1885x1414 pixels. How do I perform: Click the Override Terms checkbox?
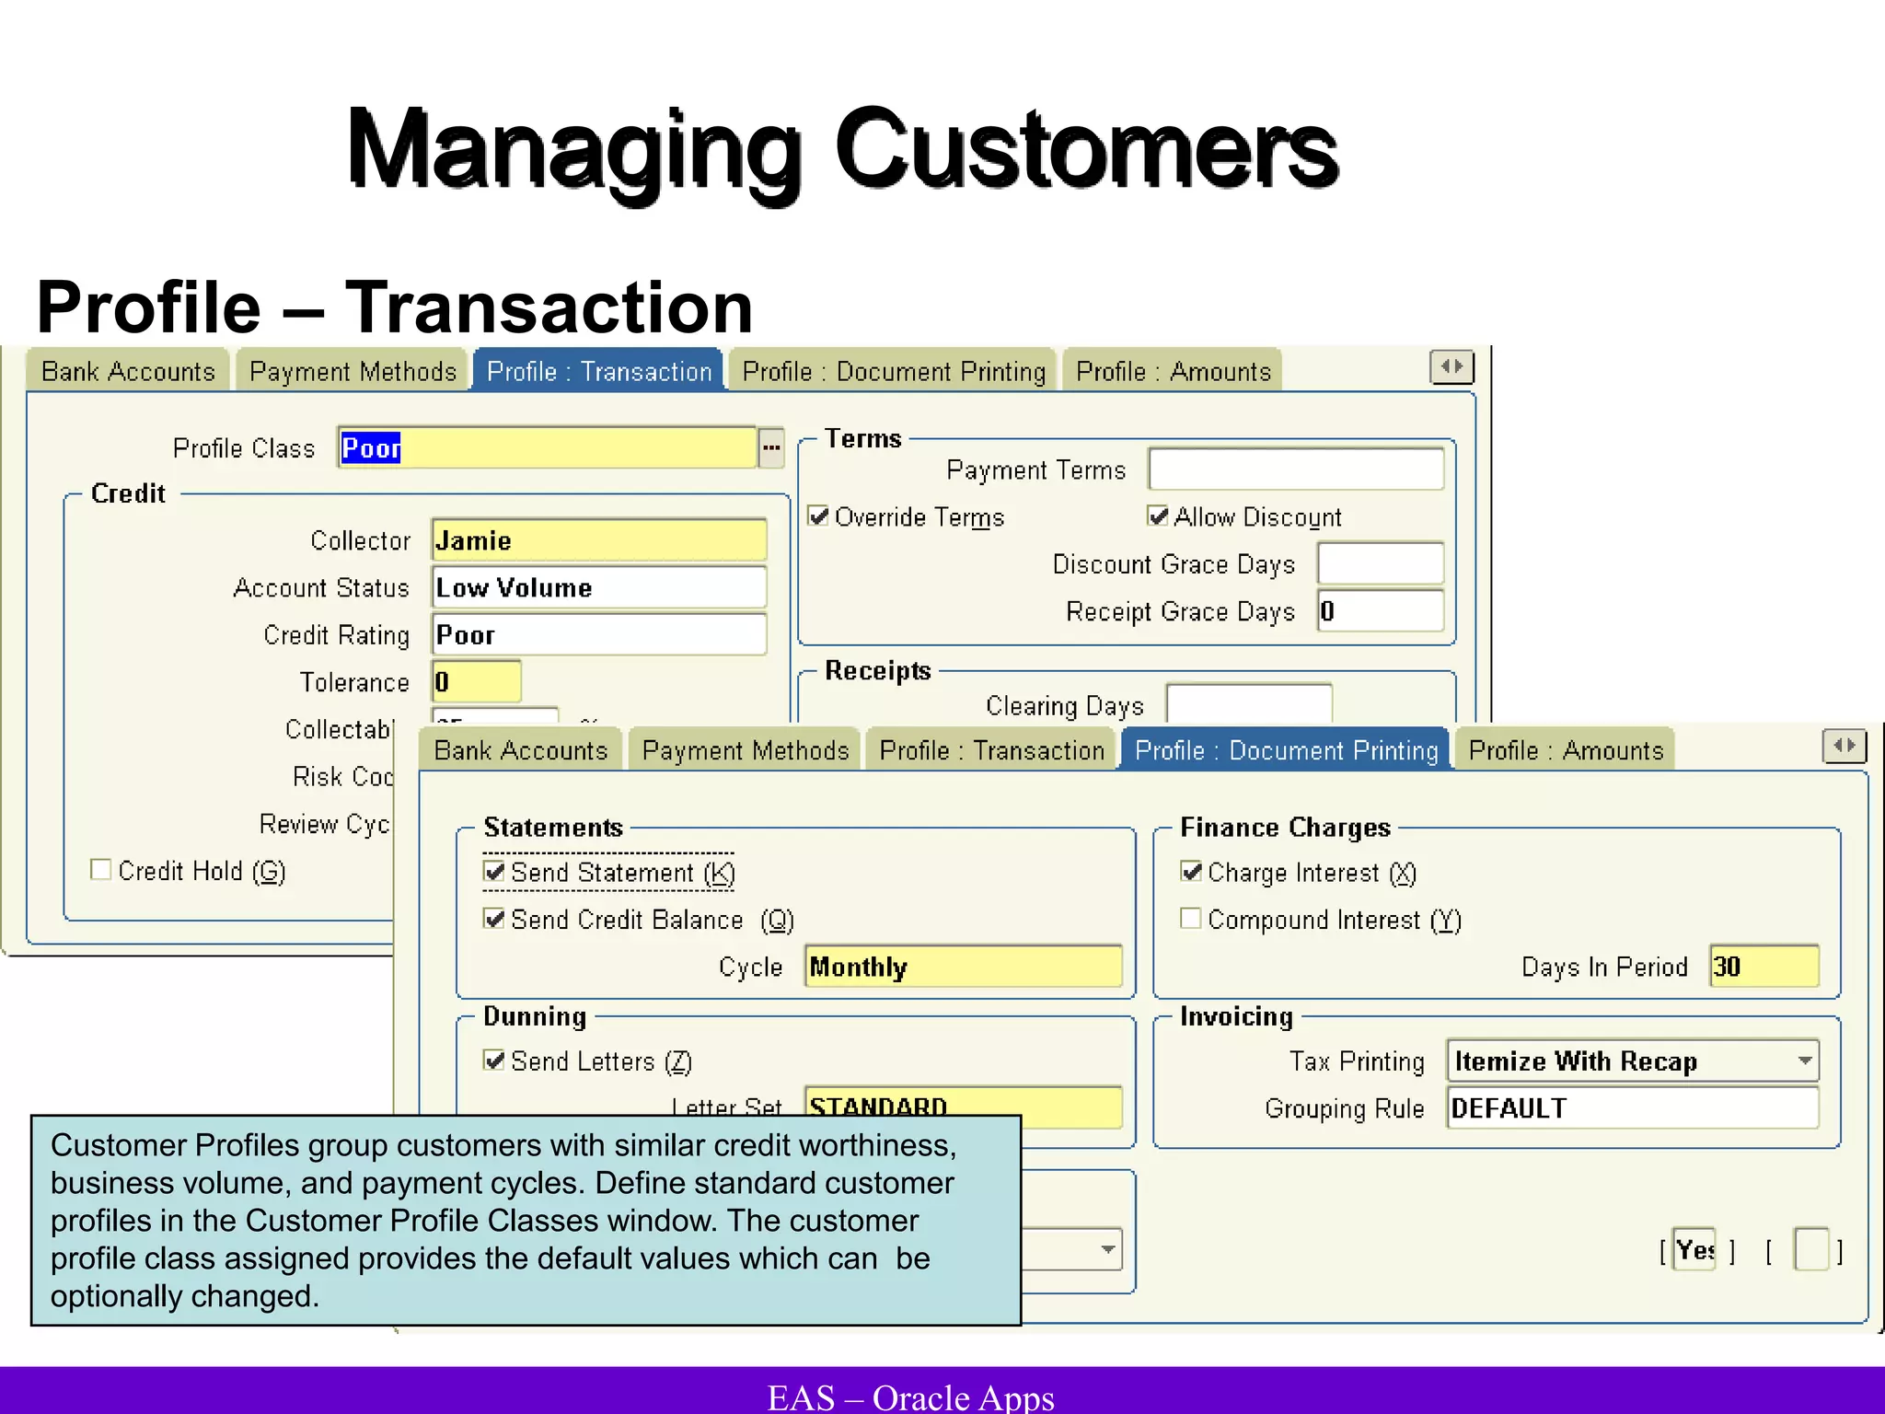pyautogui.click(x=818, y=516)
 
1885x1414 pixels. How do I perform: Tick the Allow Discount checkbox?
pyautogui.click(x=1158, y=516)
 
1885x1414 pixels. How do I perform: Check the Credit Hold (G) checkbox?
pyautogui.click(x=101, y=870)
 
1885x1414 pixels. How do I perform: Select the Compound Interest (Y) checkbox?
pyautogui.click(x=1191, y=919)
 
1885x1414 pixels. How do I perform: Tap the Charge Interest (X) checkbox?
pyautogui.click(x=1191, y=872)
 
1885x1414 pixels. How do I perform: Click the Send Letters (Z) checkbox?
pyautogui.click(x=494, y=1060)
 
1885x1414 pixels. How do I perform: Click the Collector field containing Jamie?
pyautogui.click(x=598, y=540)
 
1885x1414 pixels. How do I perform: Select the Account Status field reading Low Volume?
pyautogui.click(x=598, y=587)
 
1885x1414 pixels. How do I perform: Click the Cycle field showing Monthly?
pyautogui.click(x=963, y=967)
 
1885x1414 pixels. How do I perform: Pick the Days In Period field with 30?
pyautogui.click(x=1764, y=967)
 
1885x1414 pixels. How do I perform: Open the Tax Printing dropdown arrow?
pyautogui.click(x=1805, y=1060)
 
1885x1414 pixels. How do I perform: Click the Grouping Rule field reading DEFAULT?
pyautogui.click(x=1632, y=1108)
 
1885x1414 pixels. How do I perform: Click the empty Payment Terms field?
pyautogui.click(x=1296, y=469)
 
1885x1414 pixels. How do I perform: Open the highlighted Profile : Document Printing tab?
pyautogui.click(x=1286, y=750)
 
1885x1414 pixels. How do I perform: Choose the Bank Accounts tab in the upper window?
pyautogui.click(x=128, y=371)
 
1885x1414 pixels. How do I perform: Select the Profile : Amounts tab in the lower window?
pyautogui.click(x=1566, y=750)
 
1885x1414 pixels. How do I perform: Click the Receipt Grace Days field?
pyautogui.click(x=1381, y=611)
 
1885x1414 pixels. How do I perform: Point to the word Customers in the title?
pyautogui.click(x=1086, y=149)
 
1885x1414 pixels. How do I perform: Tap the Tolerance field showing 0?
pyautogui.click(x=476, y=682)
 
